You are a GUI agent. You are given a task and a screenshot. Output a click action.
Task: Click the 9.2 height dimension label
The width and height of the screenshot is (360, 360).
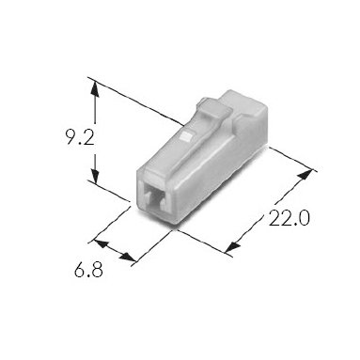click(x=79, y=137)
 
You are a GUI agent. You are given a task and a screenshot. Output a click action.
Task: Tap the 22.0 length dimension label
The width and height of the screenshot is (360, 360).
click(x=289, y=218)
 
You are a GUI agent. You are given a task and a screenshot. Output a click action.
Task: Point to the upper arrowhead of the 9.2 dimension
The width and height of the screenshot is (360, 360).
click(x=95, y=89)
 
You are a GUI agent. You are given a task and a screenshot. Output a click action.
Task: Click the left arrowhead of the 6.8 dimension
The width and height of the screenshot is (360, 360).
click(x=101, y=244)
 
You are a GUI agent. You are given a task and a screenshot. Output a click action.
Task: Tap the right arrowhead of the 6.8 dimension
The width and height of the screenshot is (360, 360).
click(x=129, y=258)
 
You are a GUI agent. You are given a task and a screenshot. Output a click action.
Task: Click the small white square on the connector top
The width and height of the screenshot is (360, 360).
click(x=187, y=136)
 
